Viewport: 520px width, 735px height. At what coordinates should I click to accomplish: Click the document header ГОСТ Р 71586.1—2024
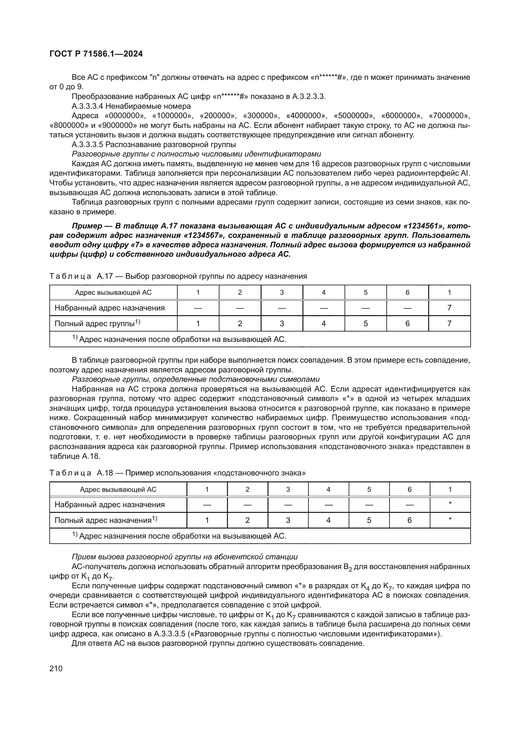click(x=96, y=54)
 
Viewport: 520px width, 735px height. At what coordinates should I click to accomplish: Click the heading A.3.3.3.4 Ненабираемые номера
click(x=131, y=106)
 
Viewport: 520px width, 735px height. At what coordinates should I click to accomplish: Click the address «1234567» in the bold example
click(x=204, y=236)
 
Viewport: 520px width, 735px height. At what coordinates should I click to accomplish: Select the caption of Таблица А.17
click(x=178, y=276)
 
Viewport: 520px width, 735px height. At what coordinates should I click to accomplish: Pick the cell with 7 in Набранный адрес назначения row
click(x=449, y=308)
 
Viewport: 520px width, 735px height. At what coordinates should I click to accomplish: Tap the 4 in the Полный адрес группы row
click(x=324, y=324)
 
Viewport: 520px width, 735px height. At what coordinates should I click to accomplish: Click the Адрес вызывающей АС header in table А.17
click(x=113, y=293)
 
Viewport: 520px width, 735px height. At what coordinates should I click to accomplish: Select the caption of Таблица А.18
click(x=177, y=473)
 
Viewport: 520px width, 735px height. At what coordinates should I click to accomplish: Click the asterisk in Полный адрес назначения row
click(x=450, y=519)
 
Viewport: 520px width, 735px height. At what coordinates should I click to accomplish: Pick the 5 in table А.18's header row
click(x=369, y=490)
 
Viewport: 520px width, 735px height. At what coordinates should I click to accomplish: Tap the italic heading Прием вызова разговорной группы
click(x=185, y=557)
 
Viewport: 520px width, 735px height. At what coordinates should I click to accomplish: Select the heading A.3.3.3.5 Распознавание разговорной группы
click(x=154, y=144)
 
